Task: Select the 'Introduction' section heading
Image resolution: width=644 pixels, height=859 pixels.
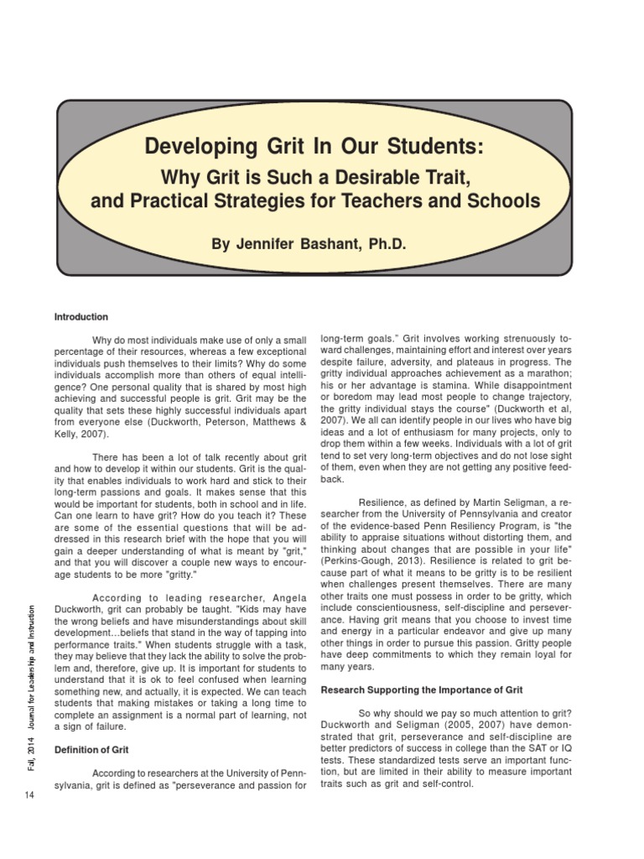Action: pos(81,317)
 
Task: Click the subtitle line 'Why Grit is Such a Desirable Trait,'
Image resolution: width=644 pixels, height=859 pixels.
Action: pos(314,178)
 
